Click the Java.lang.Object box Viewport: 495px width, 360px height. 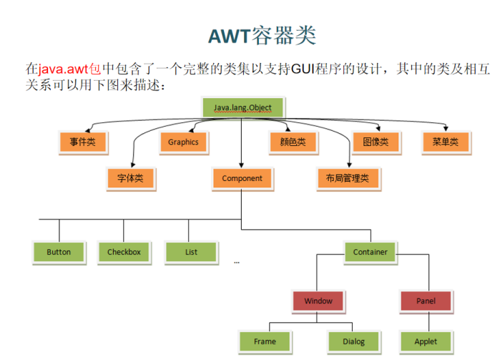(x=242, y=109)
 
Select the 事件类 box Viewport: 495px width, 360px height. (x=82, y=142)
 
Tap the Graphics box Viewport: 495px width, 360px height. (x=183, y=142)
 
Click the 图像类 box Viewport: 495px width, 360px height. (x=375, y=142)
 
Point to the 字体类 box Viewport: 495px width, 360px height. (x=130, y=178)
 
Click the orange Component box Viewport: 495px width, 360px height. (x=242, y=178)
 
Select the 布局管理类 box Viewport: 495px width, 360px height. (x=347, y=178)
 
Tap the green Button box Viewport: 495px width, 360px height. (x=59, y=252)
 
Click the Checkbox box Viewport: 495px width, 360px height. (x=124, y=252)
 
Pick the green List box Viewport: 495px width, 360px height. (x=191, y=252)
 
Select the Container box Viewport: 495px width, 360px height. (x=370, y=252)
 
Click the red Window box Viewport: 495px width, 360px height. (x=318, y=301)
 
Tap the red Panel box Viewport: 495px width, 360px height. (x=426, y=301)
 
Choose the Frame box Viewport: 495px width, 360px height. (x=265, y=341)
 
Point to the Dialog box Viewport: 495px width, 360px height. (x=352, y=341)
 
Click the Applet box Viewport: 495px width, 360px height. (x=426, y=341)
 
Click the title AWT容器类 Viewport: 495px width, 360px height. (x=261, y=35)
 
